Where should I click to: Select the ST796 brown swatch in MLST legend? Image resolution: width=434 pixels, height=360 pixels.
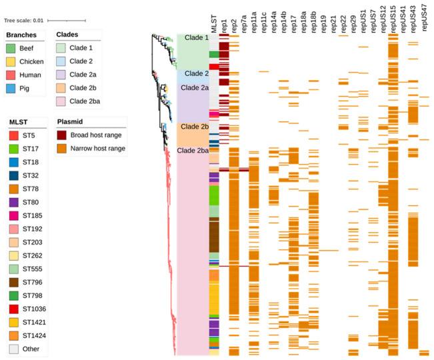[13, 281]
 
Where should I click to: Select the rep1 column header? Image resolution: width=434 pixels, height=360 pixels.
[224, 25]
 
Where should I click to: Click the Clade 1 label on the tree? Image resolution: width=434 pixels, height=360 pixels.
[197, 38]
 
